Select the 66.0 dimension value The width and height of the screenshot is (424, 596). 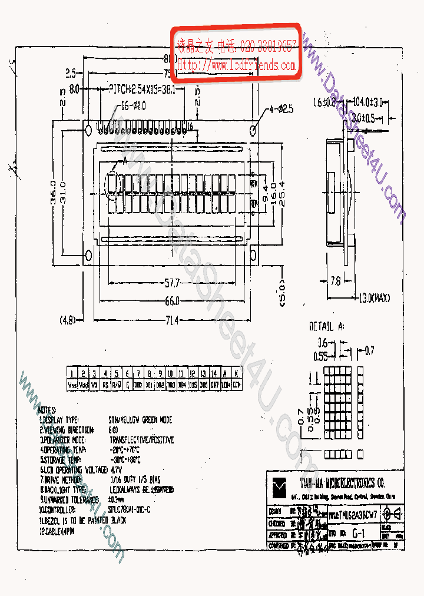tap(172, 302)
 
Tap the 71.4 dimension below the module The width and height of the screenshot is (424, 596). tap(171, 320)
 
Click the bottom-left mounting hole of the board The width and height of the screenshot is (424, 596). tap(89, 255)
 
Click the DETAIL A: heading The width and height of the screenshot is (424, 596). tap(329, 326)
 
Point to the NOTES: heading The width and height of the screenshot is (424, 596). tap(47, 410)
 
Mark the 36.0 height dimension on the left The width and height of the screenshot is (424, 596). tap(54, 193)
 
